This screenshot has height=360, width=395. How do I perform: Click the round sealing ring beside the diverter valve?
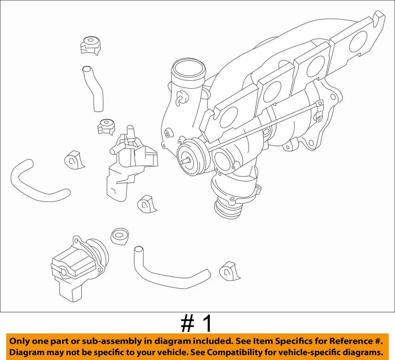tap(120, 235)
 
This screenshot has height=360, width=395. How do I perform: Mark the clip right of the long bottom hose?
tap(228, 270)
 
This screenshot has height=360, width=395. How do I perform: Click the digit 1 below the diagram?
tap(207, 324)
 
